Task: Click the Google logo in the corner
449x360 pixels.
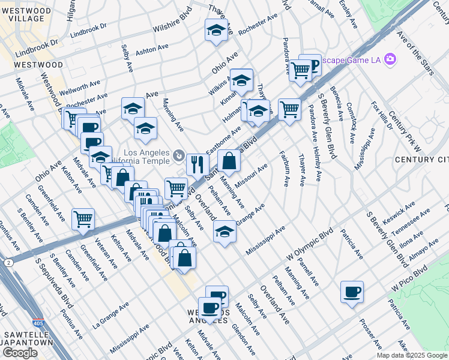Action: click(x=20, y=353)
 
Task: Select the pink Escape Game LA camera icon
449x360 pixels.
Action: click(x=391, y=59)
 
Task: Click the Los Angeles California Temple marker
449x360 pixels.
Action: click(x=179, y=156)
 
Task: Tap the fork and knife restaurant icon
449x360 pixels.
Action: click(x=196, y=164)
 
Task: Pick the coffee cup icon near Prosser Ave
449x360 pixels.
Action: click(x=351, y=292)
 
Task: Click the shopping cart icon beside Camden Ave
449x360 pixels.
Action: click(x=83, y=218)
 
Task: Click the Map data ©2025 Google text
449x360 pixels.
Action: click(x=412, y=355)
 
